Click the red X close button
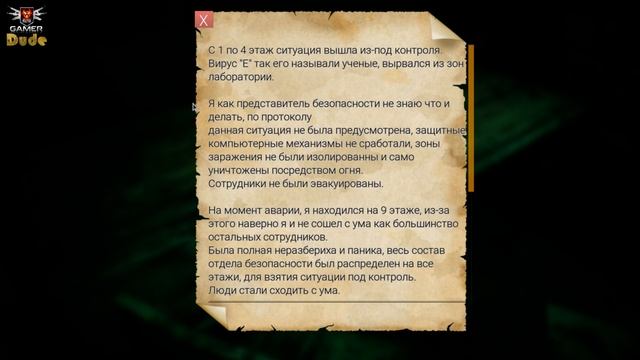(204, 20)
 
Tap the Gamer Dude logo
(24, 27)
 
